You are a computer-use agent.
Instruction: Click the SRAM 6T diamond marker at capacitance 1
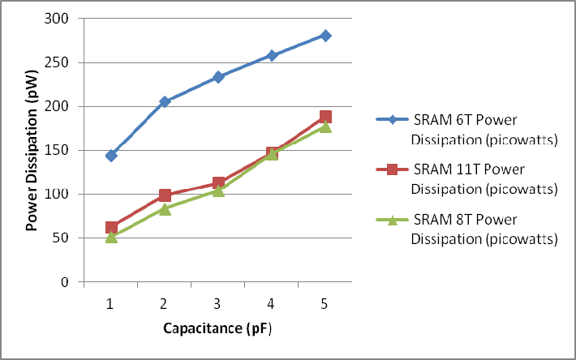(111, 156)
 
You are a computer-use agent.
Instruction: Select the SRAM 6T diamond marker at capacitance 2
(165, 102)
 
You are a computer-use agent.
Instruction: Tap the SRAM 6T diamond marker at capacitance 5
(325, 36)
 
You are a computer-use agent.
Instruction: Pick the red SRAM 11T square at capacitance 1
(111, 228)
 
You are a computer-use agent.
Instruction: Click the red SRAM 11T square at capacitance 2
(165, 195)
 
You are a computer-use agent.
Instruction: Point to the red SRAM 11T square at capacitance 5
(325, 117)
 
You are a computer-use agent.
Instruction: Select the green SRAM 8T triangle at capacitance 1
(111, 237)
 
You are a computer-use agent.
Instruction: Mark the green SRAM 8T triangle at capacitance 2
(165, 209)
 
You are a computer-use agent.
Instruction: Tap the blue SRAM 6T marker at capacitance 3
(218, 77)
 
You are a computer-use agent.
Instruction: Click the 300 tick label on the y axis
(58, 19)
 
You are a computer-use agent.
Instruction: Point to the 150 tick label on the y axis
(58, 151)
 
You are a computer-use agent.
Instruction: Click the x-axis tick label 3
(218, 303)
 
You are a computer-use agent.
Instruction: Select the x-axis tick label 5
(325, 303)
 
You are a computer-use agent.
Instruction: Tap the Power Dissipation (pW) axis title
(32, 150)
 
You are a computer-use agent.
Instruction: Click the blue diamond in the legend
(392, 120)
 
